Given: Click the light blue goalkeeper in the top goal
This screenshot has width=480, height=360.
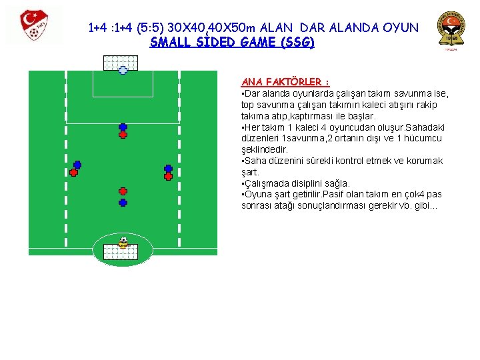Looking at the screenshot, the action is coord(123,70).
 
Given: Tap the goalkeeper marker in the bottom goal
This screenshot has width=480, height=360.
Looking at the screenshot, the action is coord(123,242).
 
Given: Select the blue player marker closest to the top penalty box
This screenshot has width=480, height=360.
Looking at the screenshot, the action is coord(123,127).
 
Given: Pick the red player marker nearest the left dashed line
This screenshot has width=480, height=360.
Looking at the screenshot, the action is coord(74,172).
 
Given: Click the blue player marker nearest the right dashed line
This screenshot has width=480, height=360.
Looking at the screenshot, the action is coord(169,169).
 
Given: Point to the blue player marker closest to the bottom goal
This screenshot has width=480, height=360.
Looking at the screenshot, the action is coord(123,202).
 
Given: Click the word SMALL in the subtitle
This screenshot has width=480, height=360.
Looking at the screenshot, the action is coord(169,42).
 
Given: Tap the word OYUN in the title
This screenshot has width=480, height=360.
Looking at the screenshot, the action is coord(401,28).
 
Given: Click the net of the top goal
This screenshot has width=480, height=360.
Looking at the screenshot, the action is coord(121,62).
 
